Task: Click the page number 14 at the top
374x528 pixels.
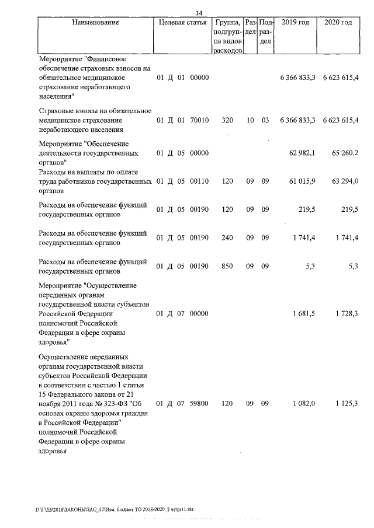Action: [199, 13]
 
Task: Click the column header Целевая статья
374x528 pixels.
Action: [182, 23]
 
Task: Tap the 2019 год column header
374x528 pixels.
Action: [295, 23]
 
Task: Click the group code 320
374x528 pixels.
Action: [228, 120]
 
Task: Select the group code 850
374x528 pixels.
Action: [228, 266]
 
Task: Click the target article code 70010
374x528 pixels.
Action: [199, 120]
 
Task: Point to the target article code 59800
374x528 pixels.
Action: [199, 403]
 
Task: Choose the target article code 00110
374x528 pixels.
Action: [199, 181]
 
